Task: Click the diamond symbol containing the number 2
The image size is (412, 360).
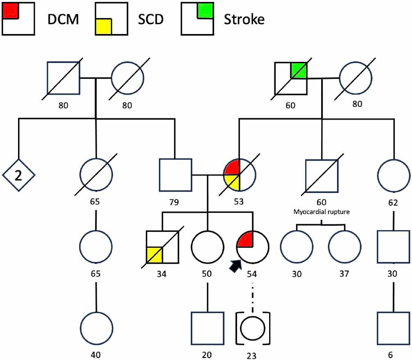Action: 18,175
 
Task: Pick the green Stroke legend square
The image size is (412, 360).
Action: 205,11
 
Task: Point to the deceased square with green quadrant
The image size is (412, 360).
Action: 290,78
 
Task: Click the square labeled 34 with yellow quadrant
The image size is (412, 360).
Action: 163,247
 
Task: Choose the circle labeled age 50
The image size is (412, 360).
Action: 208,247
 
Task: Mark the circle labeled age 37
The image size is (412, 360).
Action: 345,247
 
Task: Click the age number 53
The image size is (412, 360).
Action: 239,202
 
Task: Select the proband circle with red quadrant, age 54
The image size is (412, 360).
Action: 253,247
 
